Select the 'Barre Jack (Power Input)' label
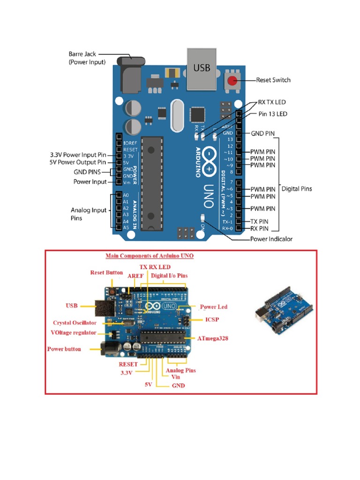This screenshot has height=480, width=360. tap(87, 58)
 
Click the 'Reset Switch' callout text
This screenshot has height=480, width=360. tap(273, 80)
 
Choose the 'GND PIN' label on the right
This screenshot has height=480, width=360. tap(263, 133)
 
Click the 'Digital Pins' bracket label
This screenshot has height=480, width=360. tap(296, 189)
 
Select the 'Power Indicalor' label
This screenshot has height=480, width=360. tap(271, 239)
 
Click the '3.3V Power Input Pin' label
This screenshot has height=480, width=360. tap(78, 155)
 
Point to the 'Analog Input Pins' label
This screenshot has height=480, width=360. tap(89, 214)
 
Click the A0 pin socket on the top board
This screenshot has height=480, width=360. tap(119, 195)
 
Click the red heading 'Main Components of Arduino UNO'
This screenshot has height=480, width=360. tap(150, 256)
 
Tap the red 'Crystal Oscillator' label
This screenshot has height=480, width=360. tap(75, 323)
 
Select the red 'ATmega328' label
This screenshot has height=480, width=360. tap(212, 338)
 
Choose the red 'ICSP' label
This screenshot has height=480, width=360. tap(212, 320)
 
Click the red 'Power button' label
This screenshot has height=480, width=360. tap(64, 349)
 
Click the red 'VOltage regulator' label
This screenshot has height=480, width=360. tap(73, 333)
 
